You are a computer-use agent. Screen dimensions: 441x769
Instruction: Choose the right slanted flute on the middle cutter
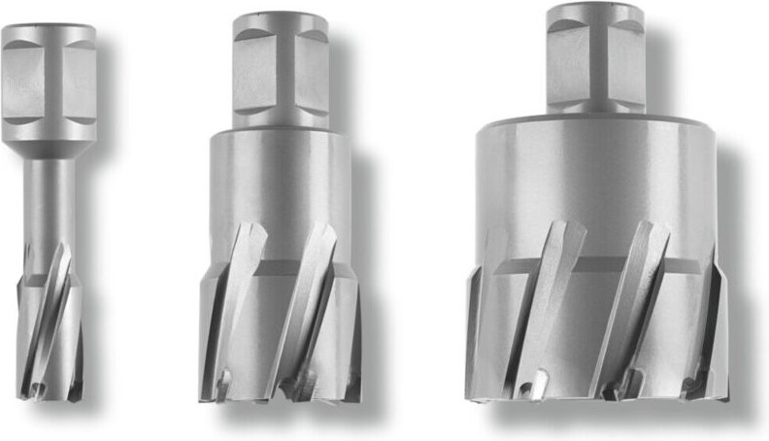(x=311, y=291)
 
